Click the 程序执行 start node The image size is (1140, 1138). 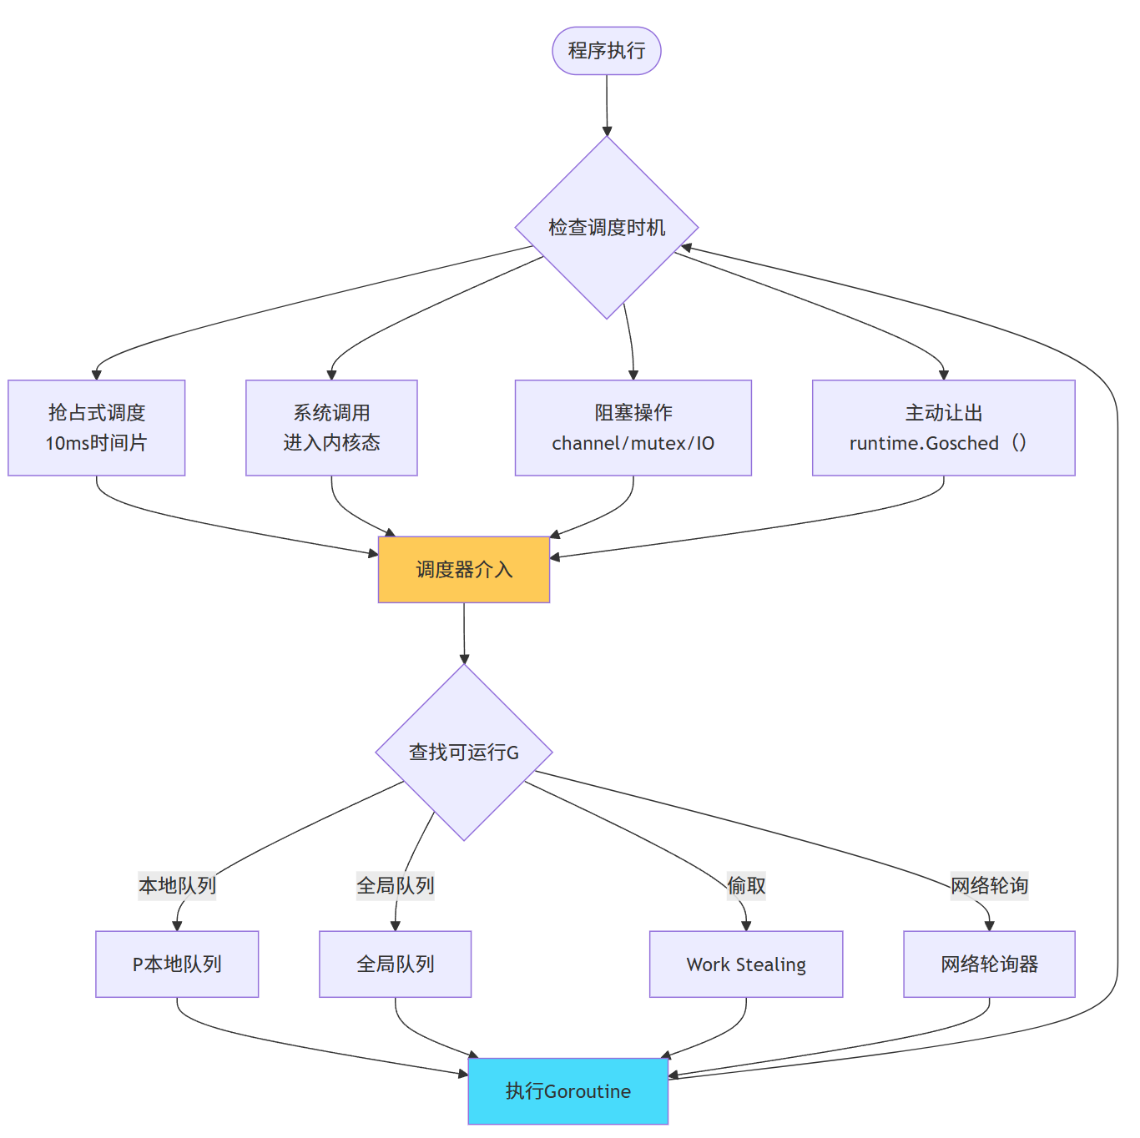click(x=606, y=51)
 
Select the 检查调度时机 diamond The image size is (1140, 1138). click(x=606, y=227)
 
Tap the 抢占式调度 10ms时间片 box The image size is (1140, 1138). click(x=96, y=428)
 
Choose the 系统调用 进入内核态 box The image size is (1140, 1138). click(x=331, y=428)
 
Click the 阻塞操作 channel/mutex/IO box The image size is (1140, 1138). click(x=633, y=428)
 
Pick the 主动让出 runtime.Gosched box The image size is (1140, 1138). click(x=943, y=428)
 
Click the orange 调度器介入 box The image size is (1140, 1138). click(x=464, y=570)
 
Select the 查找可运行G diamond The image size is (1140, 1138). click(x=464, y=753)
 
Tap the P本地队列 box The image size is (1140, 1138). click(x=177, y=964)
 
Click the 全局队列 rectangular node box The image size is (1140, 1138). click(x=395, y=964)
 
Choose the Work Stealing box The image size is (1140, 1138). click(x=746, y=964)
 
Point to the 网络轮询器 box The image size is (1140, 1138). click(x=989, y=964)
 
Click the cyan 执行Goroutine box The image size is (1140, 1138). click(x=567, y=1091)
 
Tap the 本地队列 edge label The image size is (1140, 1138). click(x=177, y=885)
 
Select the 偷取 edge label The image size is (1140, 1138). click(x=746, y=885)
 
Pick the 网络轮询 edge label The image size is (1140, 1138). click(x=989, y=885)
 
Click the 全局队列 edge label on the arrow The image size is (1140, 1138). click(x=395, y=885)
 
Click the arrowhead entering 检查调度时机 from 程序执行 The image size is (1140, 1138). click(x=607, y=131)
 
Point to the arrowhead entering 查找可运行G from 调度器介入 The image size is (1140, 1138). click(x=464, y=659)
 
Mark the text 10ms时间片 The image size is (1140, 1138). click(x=96, y=443)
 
